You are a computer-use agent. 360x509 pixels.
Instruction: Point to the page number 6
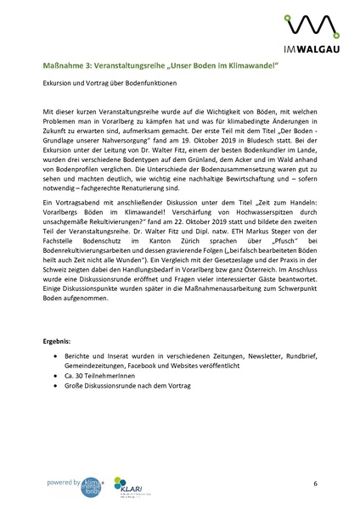click(x=314, y=483)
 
